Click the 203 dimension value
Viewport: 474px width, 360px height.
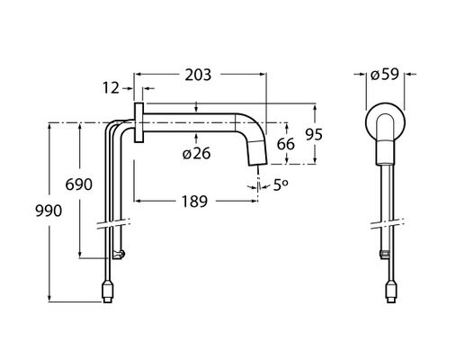coord(198,75)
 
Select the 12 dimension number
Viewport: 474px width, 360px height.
coord(111,88)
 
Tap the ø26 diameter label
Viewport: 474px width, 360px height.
coord(196,154)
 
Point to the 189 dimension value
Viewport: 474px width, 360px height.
coord(194,202)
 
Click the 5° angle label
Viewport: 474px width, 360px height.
coord(281,185)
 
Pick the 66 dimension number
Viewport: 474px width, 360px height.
coord(285,144)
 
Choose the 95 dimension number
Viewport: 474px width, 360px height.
coord(314,134)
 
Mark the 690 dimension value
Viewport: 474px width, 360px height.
coord(78,184)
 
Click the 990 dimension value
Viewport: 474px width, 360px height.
coord(49,211)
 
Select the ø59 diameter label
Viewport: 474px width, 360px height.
coord(385,75)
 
